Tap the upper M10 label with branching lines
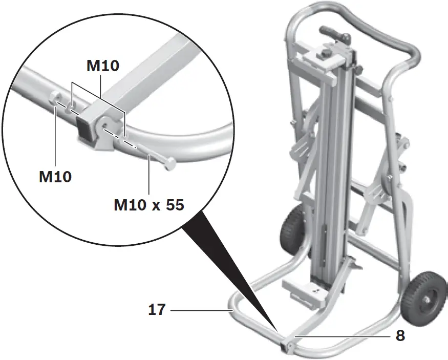(x=102, y=66)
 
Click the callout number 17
(x=157, y=310)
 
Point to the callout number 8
(x=400, y=336)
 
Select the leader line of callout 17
(x=200, y=310)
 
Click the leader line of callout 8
(x=343, y=336)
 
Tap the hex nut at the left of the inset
(x=56, y=99)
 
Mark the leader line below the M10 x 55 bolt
(x=148, y=179)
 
